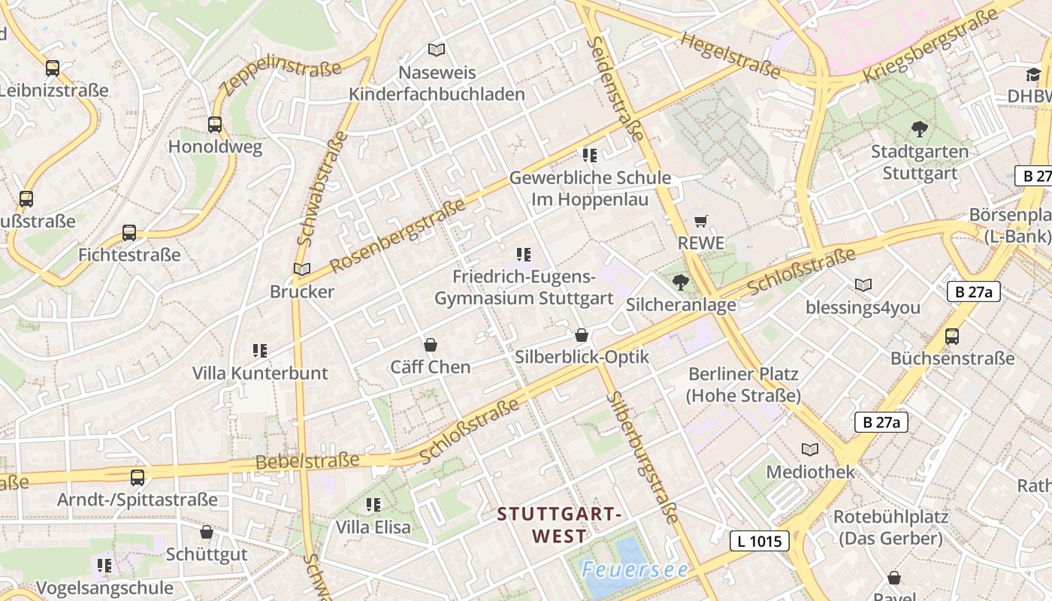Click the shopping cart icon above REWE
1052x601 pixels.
coord(701,221)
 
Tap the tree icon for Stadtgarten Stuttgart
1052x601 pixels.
coord(919,128)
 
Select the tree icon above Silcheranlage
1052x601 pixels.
coord(681,282)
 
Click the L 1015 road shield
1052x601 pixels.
coord(760,540)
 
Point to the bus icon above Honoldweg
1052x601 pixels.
coord(215,124)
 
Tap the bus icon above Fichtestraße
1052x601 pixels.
coord(129,233)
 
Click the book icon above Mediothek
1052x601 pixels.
coord(810,449)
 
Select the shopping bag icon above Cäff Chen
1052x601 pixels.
coord(431,345)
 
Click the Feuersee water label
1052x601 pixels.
coord(635,569)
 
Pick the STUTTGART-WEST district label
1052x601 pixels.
coord(560,525)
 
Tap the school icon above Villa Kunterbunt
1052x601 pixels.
coord(260,350)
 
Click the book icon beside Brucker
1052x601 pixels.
coord(301,269)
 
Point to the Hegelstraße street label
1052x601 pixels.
coord(730,54)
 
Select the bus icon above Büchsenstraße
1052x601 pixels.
coord(952,336)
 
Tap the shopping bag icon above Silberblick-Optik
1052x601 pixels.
coord(582,335)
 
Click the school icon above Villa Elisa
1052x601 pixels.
coord(373,504)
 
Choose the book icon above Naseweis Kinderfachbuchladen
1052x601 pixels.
coord(437,50)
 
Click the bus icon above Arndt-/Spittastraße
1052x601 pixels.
coord(138,477)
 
